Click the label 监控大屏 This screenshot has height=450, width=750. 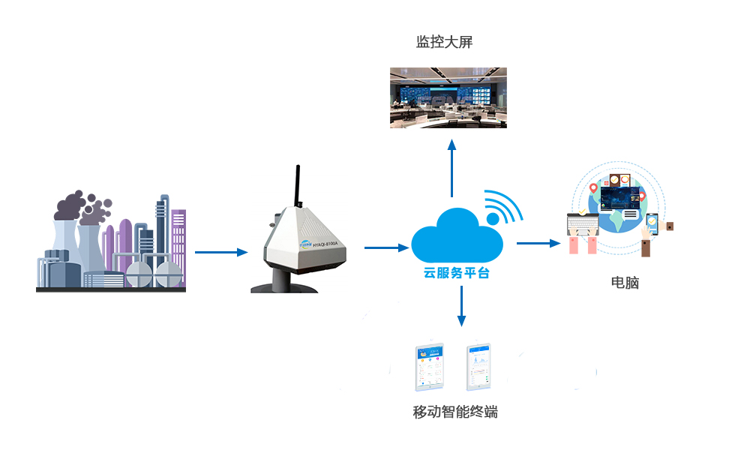point(444,43)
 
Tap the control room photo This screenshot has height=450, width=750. point(448,97)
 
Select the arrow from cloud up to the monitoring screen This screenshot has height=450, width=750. point(451,169)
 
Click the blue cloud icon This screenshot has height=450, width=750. point(455,235)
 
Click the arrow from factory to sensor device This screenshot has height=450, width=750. point(220,252)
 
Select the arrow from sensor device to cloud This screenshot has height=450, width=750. point(386,247)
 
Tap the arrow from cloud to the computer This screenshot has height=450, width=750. point(538,243)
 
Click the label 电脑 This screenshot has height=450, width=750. point(625,283)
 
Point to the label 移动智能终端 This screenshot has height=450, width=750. point(455,412)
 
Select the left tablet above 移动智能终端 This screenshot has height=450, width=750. point(430,367)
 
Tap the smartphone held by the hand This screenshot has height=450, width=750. point(652,223)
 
